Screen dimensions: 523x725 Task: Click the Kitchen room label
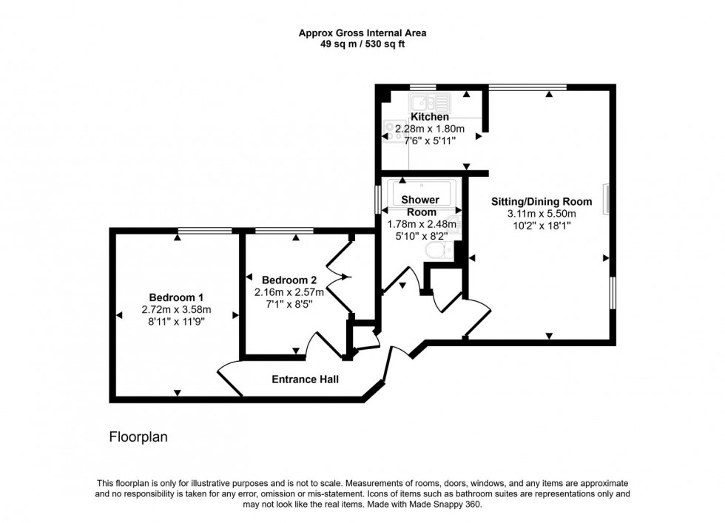[x=430, y=117]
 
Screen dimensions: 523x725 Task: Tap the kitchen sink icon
[x=429, y=102]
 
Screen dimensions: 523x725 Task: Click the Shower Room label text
[x=419, y=206]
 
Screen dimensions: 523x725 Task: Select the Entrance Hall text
[x=305, y=379]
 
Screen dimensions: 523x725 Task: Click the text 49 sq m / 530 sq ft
[x=362, y=44]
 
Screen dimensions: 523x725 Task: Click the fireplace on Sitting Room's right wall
[x=606, y=200]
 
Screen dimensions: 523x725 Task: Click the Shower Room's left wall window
[x=378, y=200]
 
